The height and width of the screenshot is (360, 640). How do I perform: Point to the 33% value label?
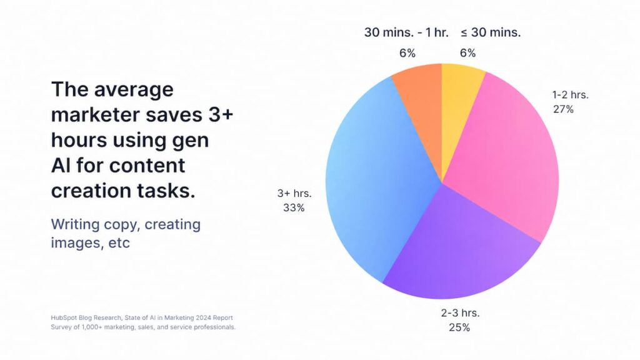pos(294,207)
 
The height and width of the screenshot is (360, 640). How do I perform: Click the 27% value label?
pos(563,109)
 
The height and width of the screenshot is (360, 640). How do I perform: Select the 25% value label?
pos(459,327)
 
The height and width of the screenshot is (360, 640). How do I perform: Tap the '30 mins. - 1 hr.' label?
pos(406,32)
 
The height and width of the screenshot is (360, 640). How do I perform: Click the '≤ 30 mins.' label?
pos(491,32)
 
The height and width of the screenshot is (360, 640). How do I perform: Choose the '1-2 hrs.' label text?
pos(570,95)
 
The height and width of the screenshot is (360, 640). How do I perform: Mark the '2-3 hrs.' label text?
pos(460,313)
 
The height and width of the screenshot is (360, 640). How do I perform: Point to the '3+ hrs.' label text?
pos(294,193)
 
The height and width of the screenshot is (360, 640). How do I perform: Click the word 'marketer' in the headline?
pos(95,115)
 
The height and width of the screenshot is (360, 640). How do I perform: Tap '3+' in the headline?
pos(221,114)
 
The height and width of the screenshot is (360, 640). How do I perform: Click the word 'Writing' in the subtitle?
pos(76,225)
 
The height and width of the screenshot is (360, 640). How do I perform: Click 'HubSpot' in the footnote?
pos(62,317)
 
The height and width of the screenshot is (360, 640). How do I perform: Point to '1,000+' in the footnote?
pos(92,327)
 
